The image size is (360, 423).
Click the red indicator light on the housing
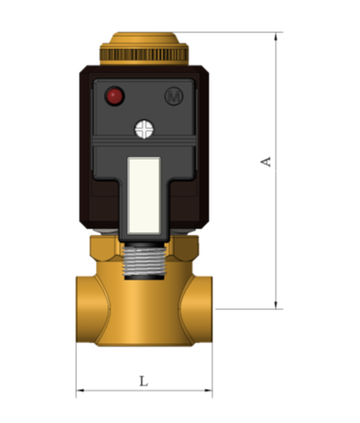pyautogui.click(x=114, y=95)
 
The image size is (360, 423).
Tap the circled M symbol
pyautogui.click(x=173, y=95)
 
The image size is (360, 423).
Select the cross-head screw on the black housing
pyautogui.click(x=144, y=129)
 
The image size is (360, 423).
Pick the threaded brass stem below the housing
pyautogui.click(x=144, y=260)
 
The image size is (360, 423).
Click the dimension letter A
pyautogui.click(x=265, y=161)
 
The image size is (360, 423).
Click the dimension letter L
pyautogui.click(x=143, y=381)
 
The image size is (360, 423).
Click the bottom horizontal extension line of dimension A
pyautogui.click(x=246, y=309)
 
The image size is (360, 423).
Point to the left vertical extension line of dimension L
pyautogui.click(x=76, y=367)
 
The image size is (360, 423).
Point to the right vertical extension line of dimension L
pyautogui.click(x=213, y=367)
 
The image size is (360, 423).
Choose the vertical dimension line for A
pyautogui.click(x=276, y=224)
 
